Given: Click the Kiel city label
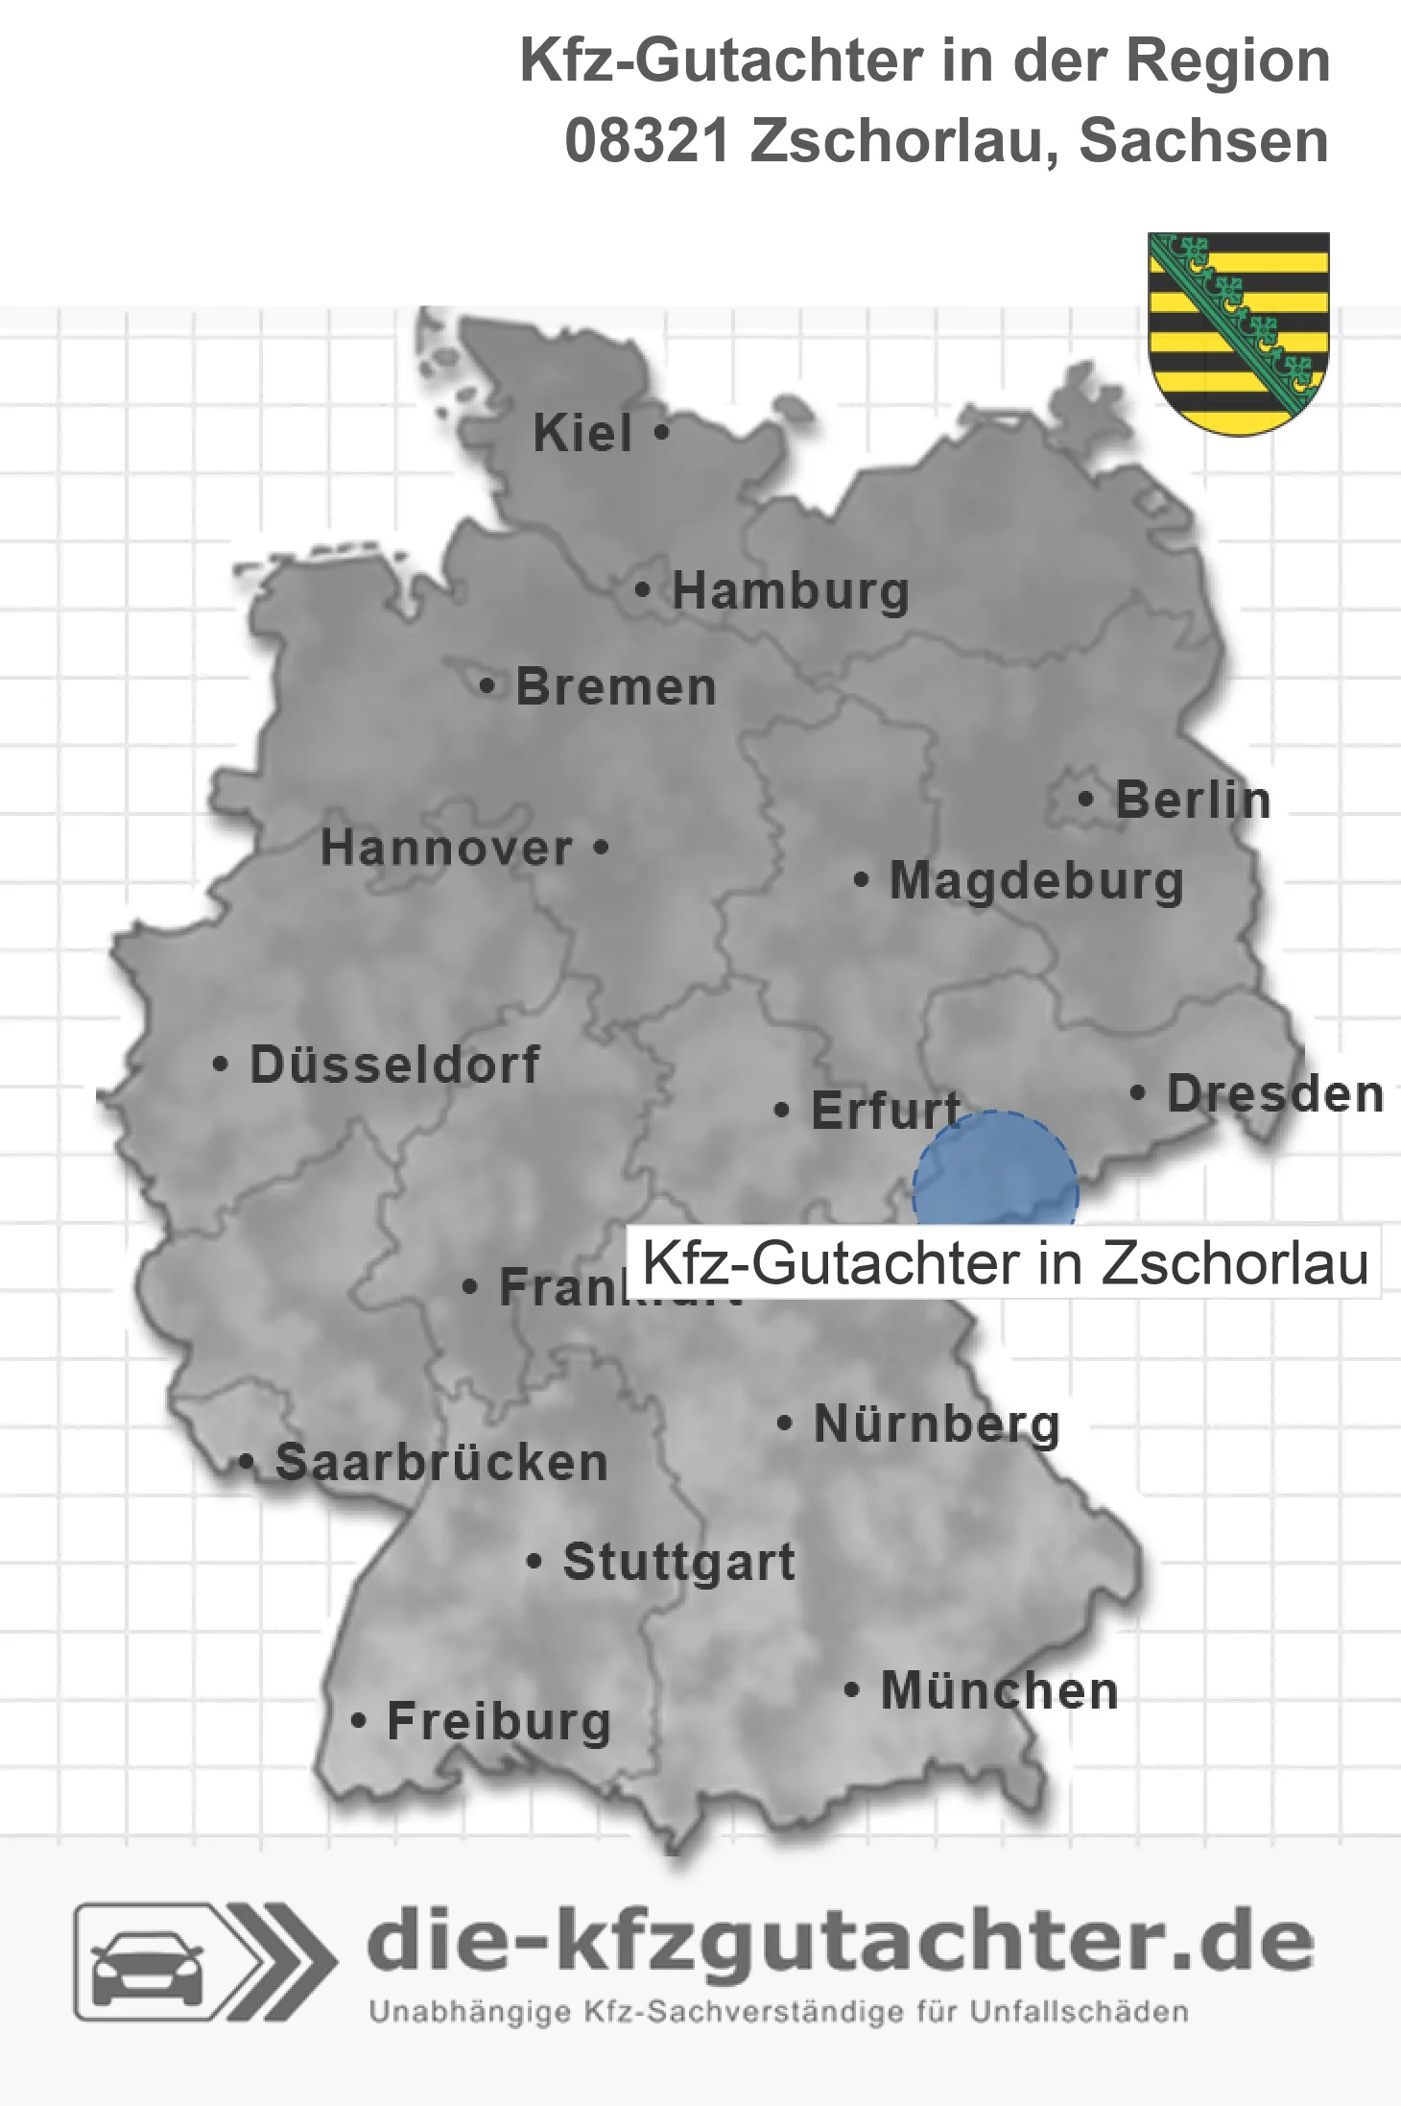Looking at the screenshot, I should pyautogui.click(x=582, y=433).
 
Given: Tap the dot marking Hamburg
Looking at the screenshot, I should pyautogui.click(x=642, y=590).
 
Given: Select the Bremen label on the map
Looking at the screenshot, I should pyautogui.click(x=616, y=687).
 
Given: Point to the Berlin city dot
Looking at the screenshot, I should pyautogui.click(x=1085, y=799).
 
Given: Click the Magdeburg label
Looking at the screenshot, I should pyautogui.click(x=1036, y=881).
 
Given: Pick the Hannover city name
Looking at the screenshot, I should pyautogui.click(x=446, y=849).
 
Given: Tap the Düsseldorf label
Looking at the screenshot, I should pyautogui.click(x=394, y=1065).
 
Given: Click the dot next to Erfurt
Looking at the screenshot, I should pyautogui.click(x=782, y=1111).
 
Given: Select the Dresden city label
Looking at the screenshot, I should pyautogui.click(x=1275, y=1094).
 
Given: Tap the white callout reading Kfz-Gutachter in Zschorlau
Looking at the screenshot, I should pyautogui.click(x=1004, y=1262).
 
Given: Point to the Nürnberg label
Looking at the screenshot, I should pyautogui.click(x=937, y=1424).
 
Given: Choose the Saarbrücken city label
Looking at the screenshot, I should pyautogui.click(x=441, y=1463).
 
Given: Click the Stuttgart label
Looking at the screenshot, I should pyautogui.click(x=679, y=1562).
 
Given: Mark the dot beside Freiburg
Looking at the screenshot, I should pyautogui.click(x=358, y=1721).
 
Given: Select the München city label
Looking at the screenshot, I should pyautogui.click(x=1000, y=1690).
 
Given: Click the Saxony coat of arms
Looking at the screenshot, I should pyautogui.click(x=1239, y=332).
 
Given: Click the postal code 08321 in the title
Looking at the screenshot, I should pyautogui.click(x=648, y=141).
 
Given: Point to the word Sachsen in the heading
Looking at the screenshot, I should pyautogui.click(x=1203, y=141).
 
